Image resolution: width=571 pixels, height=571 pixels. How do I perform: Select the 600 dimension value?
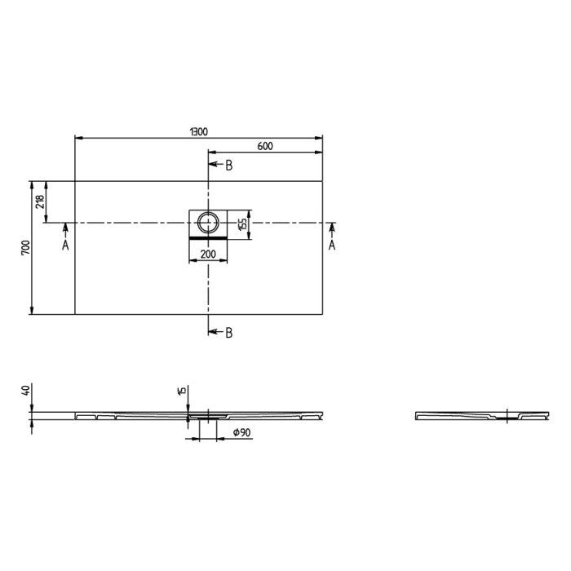264,146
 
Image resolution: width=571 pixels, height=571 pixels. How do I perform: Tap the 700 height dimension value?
26,246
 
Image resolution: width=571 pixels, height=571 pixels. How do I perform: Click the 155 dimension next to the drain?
242,224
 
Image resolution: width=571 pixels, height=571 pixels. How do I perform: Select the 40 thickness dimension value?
26,391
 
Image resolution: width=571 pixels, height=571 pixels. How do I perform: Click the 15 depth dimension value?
183,391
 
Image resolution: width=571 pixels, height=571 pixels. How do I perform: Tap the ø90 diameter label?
241,433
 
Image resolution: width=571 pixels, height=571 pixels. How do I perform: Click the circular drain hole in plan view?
209,222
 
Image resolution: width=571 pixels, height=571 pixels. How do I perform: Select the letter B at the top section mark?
229,166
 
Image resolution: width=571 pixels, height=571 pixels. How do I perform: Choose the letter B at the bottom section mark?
229,332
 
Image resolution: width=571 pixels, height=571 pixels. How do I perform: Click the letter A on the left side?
66,245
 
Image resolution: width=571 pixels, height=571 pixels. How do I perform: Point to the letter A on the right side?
332,245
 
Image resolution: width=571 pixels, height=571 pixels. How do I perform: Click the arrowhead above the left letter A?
66,228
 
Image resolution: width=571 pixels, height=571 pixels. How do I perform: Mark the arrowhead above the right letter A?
332,228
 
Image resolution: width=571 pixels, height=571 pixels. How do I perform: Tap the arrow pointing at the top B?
215,166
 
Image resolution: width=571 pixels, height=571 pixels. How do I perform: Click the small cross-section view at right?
482,416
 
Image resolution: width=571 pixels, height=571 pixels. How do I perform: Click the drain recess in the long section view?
204,417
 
